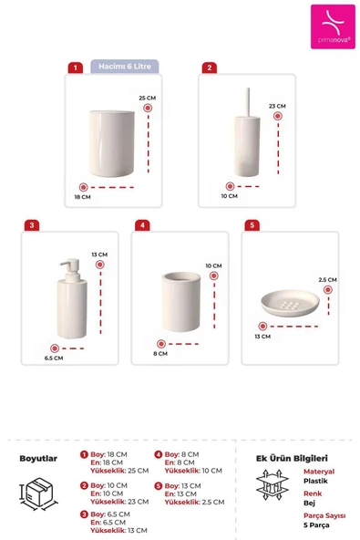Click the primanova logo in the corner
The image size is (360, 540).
tap(333, 26)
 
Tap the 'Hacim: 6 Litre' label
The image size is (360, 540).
tap(125, 66)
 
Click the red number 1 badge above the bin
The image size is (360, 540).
tap(76, 67)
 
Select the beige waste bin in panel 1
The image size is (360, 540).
tap(111, 143)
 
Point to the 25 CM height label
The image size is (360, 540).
tap(148, 99)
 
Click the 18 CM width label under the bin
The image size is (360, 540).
tap(83, 197)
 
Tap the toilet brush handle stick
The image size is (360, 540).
tap(247, 102)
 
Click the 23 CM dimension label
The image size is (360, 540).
tap(277, 106)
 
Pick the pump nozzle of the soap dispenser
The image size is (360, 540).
tap(70, 266)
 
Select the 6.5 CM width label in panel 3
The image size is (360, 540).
tap(54, 358)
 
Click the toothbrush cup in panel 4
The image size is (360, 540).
tap(181, 302)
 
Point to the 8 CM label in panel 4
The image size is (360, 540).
tap(160, 354)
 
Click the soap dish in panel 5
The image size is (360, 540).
tap(290, 303)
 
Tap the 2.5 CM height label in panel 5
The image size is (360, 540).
tap(327, 280)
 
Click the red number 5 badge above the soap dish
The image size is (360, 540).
tap(252, 225)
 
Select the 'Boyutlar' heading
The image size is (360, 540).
tap(38, 459)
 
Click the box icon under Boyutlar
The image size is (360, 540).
tap(38, 493)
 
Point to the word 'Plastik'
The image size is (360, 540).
tap(315, 481)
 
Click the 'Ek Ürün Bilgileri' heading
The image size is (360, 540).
tap(292, 459)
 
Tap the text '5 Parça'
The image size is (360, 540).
tap(316, 525)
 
